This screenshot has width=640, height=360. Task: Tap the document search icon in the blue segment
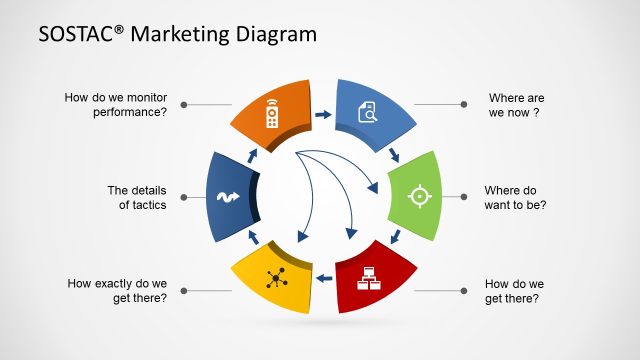(x=366, y=114)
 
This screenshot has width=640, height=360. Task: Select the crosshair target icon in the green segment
(x=418, y=196)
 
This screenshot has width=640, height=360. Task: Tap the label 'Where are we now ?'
(x=515, y=105)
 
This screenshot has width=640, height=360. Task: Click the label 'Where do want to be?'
(x=515, y=197)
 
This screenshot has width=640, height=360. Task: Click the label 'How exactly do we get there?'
(x=117, y=290)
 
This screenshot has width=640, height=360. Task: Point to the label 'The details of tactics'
(x=137, y=197)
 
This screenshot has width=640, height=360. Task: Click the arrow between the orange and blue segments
(x=322, y=115)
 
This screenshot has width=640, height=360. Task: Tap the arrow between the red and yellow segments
(x=322, y=279)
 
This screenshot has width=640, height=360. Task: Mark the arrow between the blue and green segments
(x=395, y=155)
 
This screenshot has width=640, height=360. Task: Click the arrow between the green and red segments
(x=396, y=238)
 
